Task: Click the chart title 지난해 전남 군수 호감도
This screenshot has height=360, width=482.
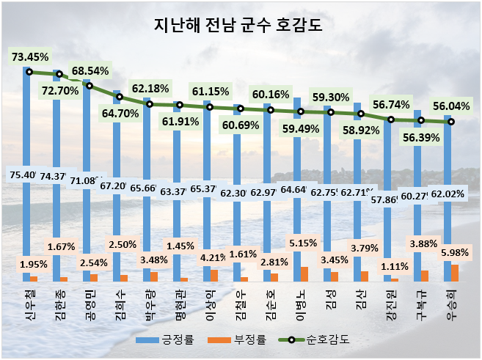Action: point(240,25)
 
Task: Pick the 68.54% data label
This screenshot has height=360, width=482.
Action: point(90,71)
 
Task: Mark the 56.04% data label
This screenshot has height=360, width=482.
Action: point(450,105)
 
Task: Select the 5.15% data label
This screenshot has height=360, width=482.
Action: point(302,243)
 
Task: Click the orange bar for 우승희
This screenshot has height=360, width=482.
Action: point(455,273)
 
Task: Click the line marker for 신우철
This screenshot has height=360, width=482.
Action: point(29,72)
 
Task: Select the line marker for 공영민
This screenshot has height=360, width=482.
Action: point(90,86)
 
